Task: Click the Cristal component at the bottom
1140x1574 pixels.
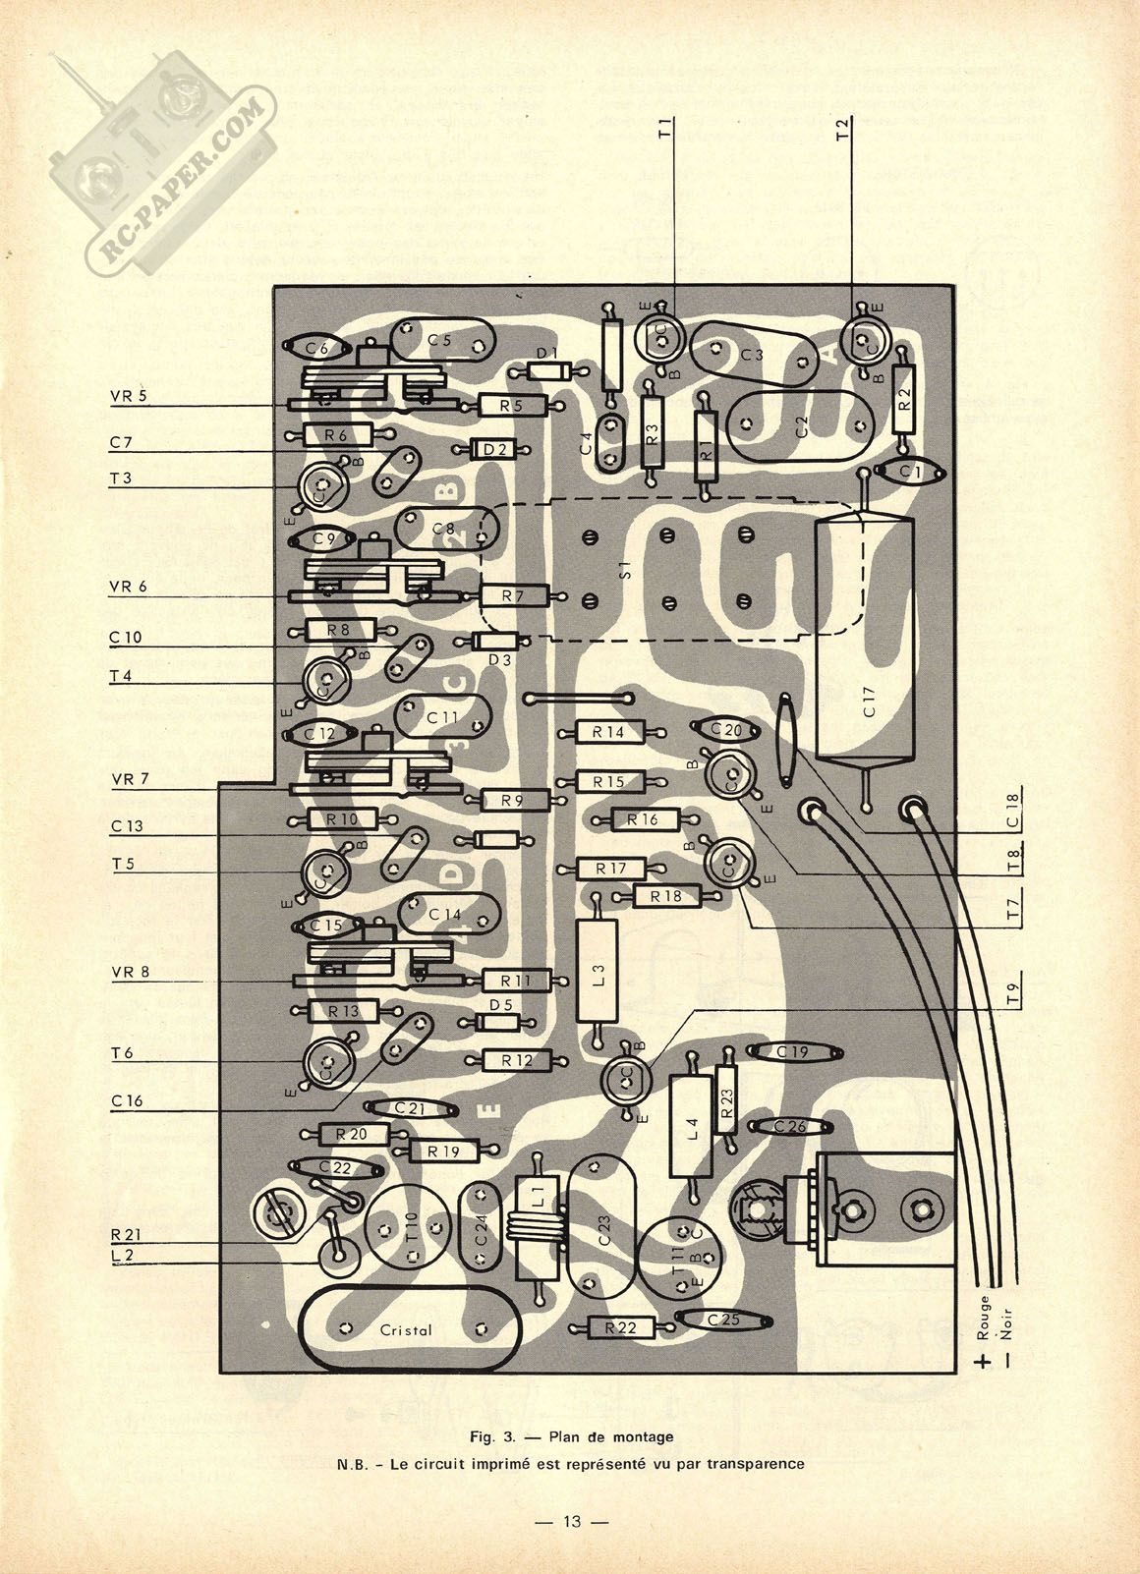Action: pyautogui.click(x=407, y=1329)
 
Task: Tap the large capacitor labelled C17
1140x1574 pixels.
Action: pyautogui.click(x=865, y=639)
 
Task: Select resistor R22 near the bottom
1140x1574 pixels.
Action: pyautogui.click(x=621, y=1327)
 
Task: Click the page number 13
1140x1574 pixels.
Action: pyautogui.click(x=571, y=1522)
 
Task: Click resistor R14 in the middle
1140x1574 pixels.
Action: pyautogui.click(x=608, y=732)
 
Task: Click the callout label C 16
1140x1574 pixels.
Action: pyautogui.click(x=127, y=1101)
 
